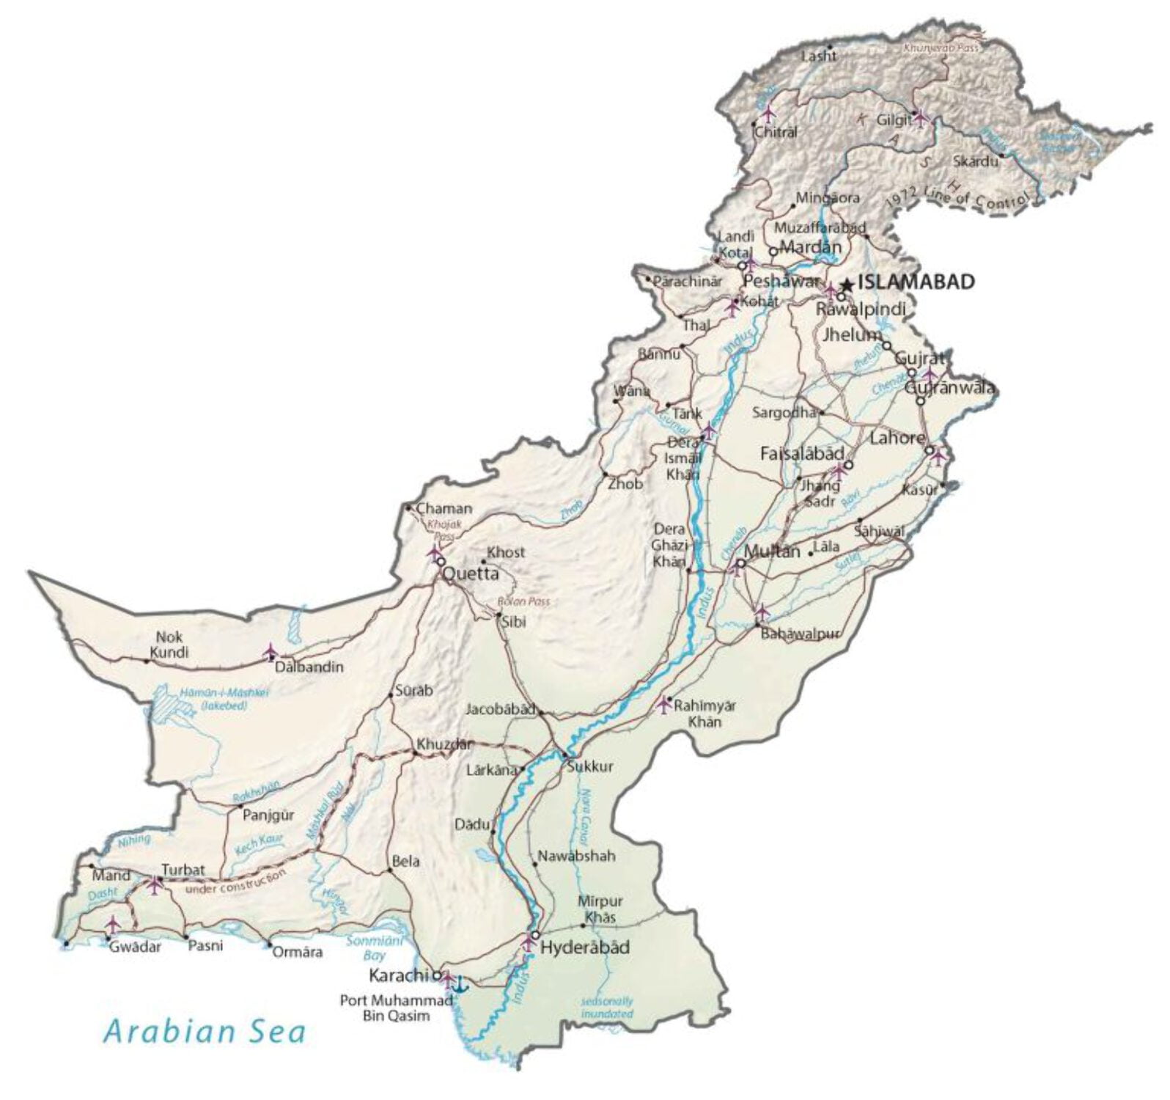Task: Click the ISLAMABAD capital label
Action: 916,282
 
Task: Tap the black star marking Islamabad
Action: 847,284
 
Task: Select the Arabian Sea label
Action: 205,1031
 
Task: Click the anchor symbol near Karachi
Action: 460,984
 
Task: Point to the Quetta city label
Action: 471,573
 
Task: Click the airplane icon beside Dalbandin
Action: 271,651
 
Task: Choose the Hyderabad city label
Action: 585,947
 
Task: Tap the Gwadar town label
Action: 135,947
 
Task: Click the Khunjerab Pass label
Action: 941,48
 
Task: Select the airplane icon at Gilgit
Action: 921,117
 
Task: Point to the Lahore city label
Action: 897,438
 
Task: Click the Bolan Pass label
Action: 523,601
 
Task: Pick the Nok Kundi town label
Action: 169,645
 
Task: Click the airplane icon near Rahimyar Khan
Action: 663,705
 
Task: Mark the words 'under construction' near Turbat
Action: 235,882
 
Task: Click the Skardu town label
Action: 976,161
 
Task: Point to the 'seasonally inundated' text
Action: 607,1007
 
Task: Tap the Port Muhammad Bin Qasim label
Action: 397,1008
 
